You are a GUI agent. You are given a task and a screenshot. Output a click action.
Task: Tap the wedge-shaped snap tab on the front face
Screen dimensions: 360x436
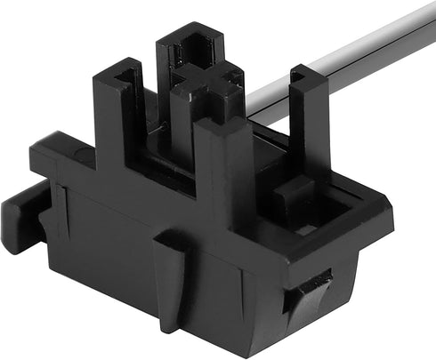[x=171, y=272]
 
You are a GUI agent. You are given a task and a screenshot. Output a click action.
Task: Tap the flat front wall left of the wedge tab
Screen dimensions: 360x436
[x=107, y=258]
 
